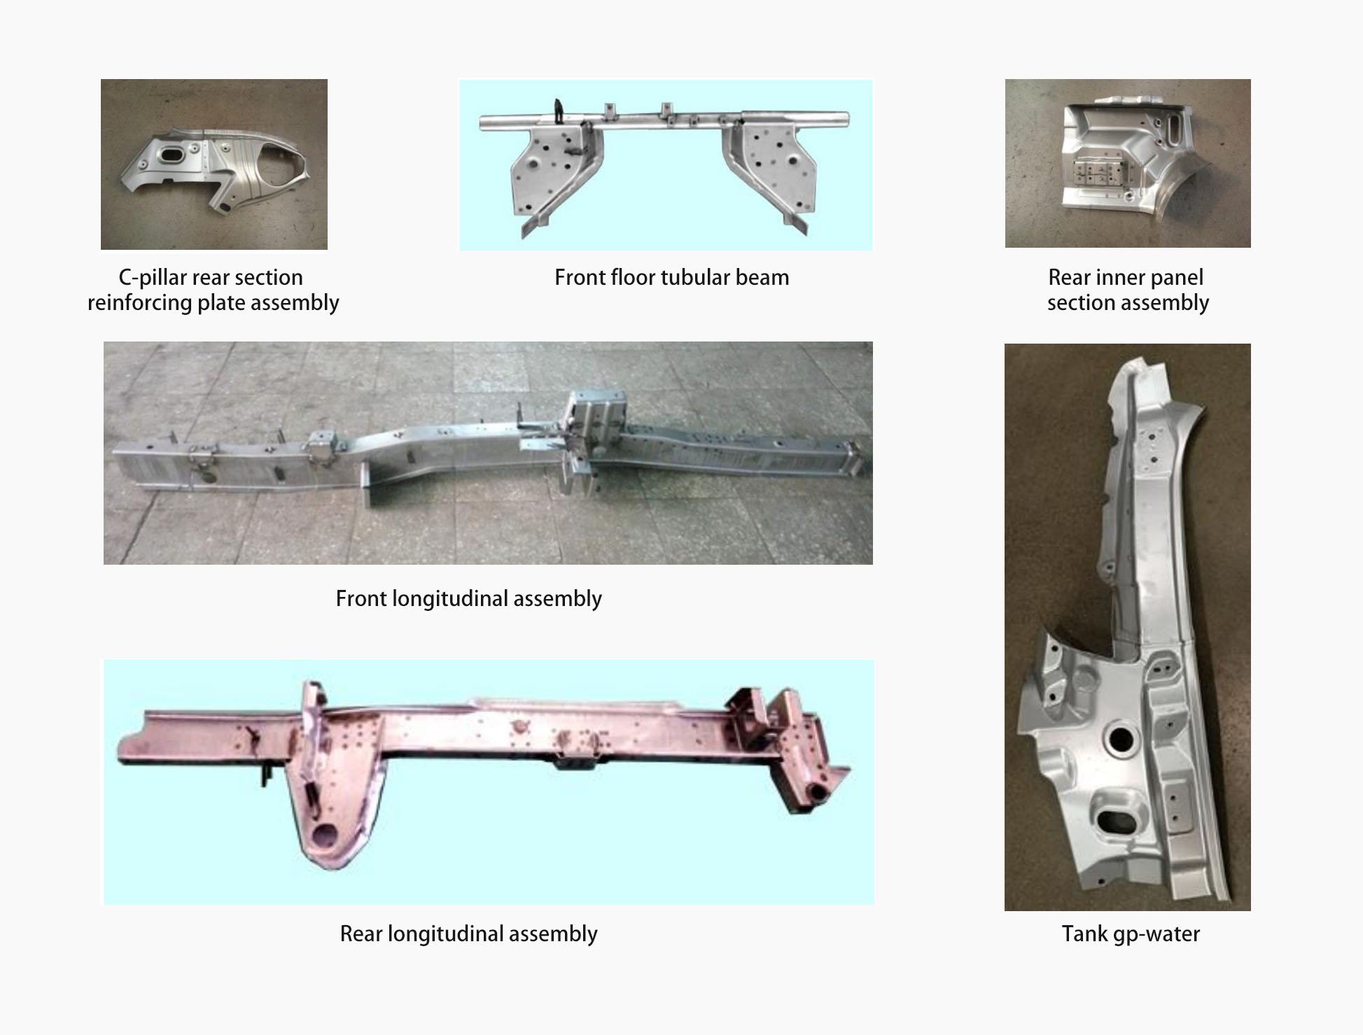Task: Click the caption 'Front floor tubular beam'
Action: (671, 278)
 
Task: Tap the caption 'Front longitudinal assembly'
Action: (468, 599)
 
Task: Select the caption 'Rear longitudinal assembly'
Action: (468, 934)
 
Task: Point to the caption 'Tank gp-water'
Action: (1131, 934)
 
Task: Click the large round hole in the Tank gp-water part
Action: (1120, 739)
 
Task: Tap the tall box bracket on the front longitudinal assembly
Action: (595, 427)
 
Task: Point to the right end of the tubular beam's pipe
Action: (848, 120)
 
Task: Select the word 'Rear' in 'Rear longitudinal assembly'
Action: (361, 934)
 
